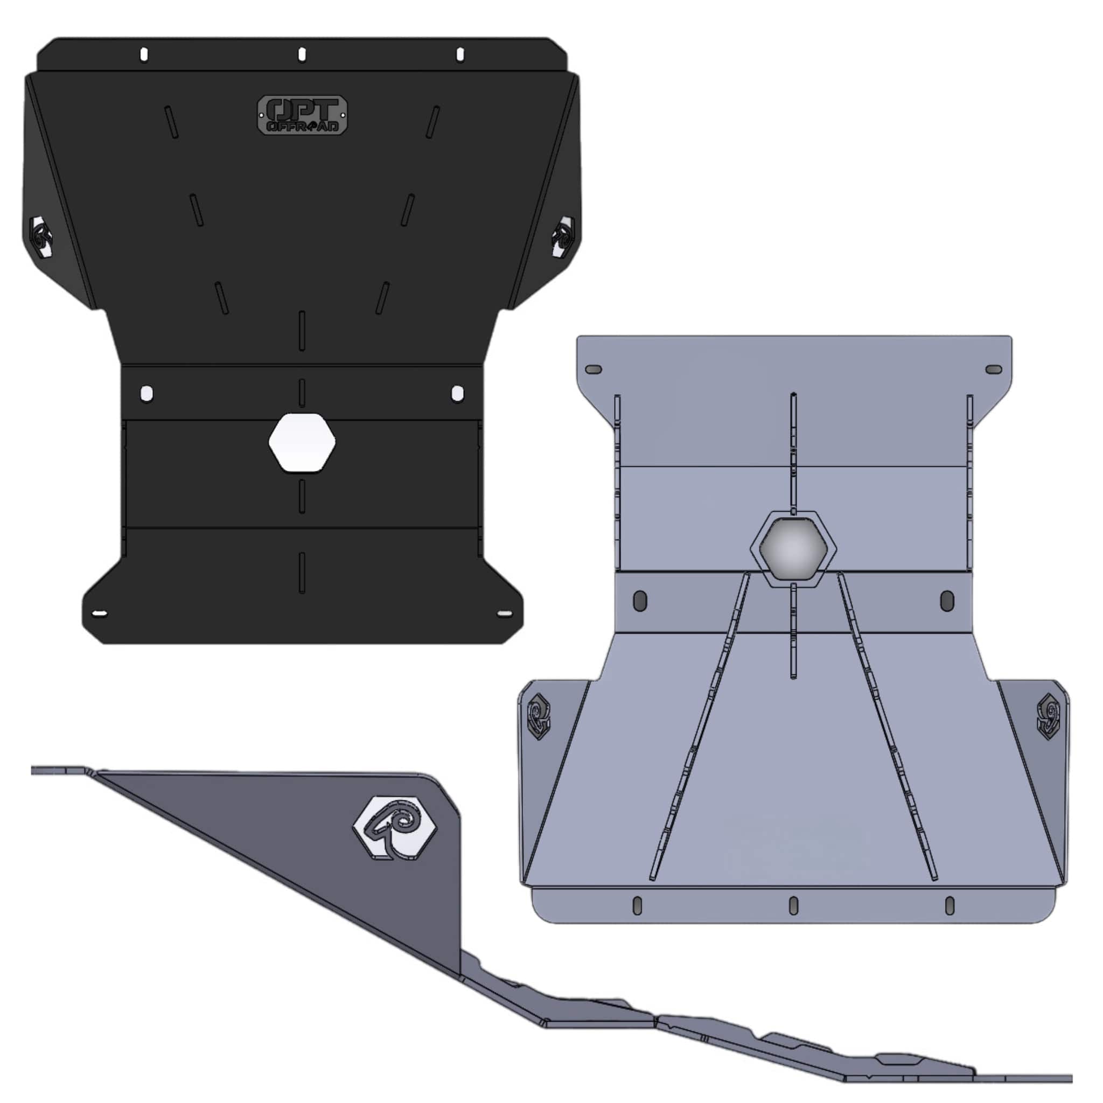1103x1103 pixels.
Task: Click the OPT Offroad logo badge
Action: click(303, 115)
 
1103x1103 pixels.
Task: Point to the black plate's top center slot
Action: click(302, 55)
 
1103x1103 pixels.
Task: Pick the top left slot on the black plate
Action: click(144, 55)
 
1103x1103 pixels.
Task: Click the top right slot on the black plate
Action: click(460, 55)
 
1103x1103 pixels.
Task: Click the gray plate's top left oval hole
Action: click(594, 369)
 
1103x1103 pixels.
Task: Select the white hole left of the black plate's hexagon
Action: click(146, 393)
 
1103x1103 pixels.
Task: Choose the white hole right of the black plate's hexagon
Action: click(457, 393)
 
